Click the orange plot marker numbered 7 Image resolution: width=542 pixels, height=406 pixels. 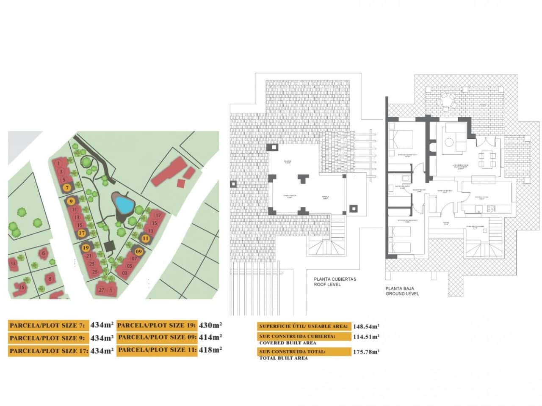coord(67,187)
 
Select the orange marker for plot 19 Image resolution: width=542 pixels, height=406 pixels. coord(86,248)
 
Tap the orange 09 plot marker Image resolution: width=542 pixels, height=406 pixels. coord(138,252)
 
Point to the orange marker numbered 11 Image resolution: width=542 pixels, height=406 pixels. coord(146,239)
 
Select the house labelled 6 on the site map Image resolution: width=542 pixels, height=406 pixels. coord(43,253)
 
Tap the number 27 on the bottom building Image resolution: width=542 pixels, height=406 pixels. coord(101,290)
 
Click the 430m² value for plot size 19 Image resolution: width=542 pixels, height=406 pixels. coord(210,325)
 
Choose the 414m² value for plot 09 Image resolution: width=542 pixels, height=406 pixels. coord(210,337)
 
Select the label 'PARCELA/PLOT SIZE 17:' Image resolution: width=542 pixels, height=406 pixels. coord(49,351)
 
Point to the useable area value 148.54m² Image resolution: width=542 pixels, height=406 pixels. coord(366,326)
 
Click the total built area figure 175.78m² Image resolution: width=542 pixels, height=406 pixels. coord(366,352)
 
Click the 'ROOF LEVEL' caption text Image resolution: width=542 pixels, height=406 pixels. coord(327,285)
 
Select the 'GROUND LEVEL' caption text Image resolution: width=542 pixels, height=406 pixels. coord(402,294)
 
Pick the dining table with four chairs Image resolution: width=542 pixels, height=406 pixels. coord(487,160)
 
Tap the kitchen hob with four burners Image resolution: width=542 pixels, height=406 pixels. coord(491,208)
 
